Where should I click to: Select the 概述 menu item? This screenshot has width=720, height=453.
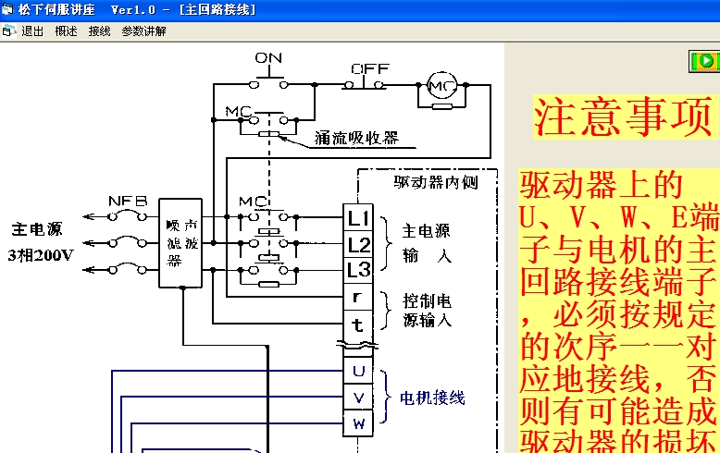click(66, 31)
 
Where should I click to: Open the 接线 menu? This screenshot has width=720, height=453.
click(99, 31)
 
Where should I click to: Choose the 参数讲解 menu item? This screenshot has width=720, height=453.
click(143, 31)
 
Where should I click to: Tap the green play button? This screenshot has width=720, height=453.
click(706, 61)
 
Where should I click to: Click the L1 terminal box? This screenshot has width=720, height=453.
click(359, 218)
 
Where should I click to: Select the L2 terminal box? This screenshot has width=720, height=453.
click(359, 245)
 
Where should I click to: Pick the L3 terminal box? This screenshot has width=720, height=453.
click(359, 271)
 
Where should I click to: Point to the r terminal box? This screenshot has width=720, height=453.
click(359, 298)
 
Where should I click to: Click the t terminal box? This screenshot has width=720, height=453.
click(359, 324)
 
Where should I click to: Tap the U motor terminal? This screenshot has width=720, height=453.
click(359, 372)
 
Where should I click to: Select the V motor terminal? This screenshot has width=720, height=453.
click(359, 398)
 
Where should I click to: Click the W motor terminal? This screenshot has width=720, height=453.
click(359, 424)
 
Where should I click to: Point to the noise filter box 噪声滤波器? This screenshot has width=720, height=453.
click(180, 243)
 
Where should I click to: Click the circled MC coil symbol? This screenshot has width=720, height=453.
click(441, 86)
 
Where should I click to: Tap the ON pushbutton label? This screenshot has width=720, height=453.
click(268, 58)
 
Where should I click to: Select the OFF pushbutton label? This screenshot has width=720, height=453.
click(370, 68)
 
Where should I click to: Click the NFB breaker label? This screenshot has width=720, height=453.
click(127, 201)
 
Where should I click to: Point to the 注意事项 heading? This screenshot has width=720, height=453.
click(626, 117)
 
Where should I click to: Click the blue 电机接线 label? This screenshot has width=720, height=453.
click(432, 398)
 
